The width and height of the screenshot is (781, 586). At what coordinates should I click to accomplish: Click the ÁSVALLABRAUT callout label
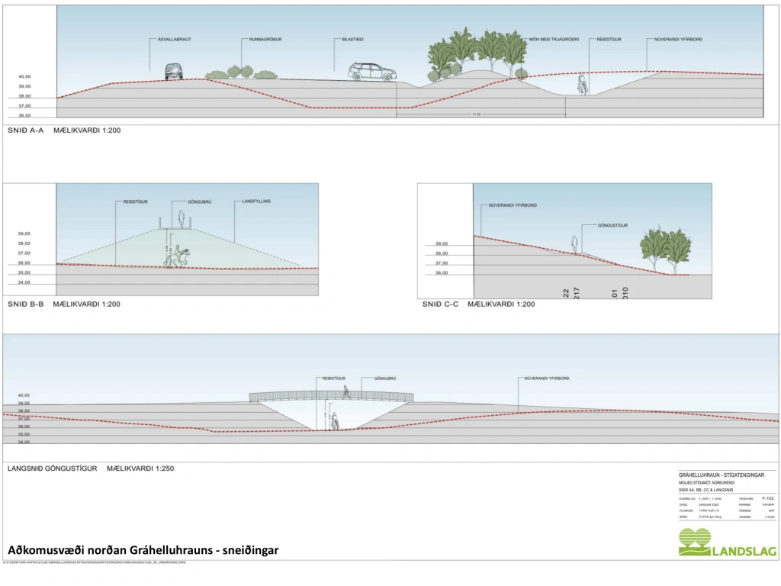pos(174,39)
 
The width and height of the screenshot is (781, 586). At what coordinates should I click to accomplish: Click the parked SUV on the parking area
pos(372,72)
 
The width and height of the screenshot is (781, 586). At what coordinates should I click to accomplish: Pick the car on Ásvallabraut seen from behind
pos(174,72)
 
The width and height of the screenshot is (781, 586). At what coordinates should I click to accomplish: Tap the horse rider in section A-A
pos(583,83)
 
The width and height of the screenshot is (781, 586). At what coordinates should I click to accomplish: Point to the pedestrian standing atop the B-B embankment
pos(182,219)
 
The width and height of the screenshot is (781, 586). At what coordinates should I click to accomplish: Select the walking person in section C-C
pos(574,244)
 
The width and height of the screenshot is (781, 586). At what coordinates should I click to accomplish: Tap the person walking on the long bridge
pos(348,392)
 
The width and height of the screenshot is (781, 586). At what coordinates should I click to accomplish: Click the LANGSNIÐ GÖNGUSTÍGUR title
pos(51,468)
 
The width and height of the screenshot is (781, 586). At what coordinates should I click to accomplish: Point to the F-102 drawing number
pos(767,497)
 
